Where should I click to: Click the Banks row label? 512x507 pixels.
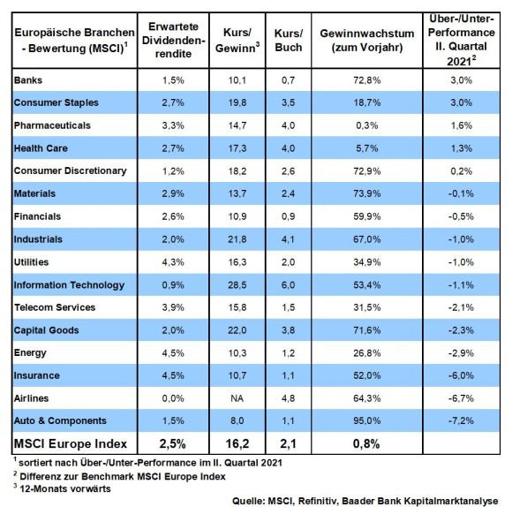point(28,80)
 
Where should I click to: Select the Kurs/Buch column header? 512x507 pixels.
point(289,40)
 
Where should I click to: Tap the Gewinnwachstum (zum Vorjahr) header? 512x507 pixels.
point(367,40)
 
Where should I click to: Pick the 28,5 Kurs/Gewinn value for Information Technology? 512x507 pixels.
point(237,285)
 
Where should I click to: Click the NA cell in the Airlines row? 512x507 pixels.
point(237,398)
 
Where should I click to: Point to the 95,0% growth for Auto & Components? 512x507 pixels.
point(366,420)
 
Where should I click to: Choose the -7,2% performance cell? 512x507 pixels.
point(461,420)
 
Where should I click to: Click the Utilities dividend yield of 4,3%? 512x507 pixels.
point(173,262)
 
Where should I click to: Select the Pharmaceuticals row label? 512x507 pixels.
point(52,125)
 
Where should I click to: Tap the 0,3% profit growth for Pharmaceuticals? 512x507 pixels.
point(366,125)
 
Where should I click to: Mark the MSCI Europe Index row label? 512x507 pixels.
point(71,443)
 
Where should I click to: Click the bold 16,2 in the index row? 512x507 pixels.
point(237,443)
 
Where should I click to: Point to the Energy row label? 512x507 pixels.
point(30,352)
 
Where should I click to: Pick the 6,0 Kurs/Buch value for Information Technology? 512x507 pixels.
point(288,285)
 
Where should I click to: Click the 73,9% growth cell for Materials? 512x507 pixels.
point(366,193)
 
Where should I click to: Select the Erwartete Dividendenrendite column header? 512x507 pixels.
point(173,40)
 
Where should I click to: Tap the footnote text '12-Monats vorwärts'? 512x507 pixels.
point(65,488)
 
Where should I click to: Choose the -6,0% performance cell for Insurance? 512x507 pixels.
point(461,375)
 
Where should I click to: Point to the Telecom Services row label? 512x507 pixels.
point(55,307)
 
